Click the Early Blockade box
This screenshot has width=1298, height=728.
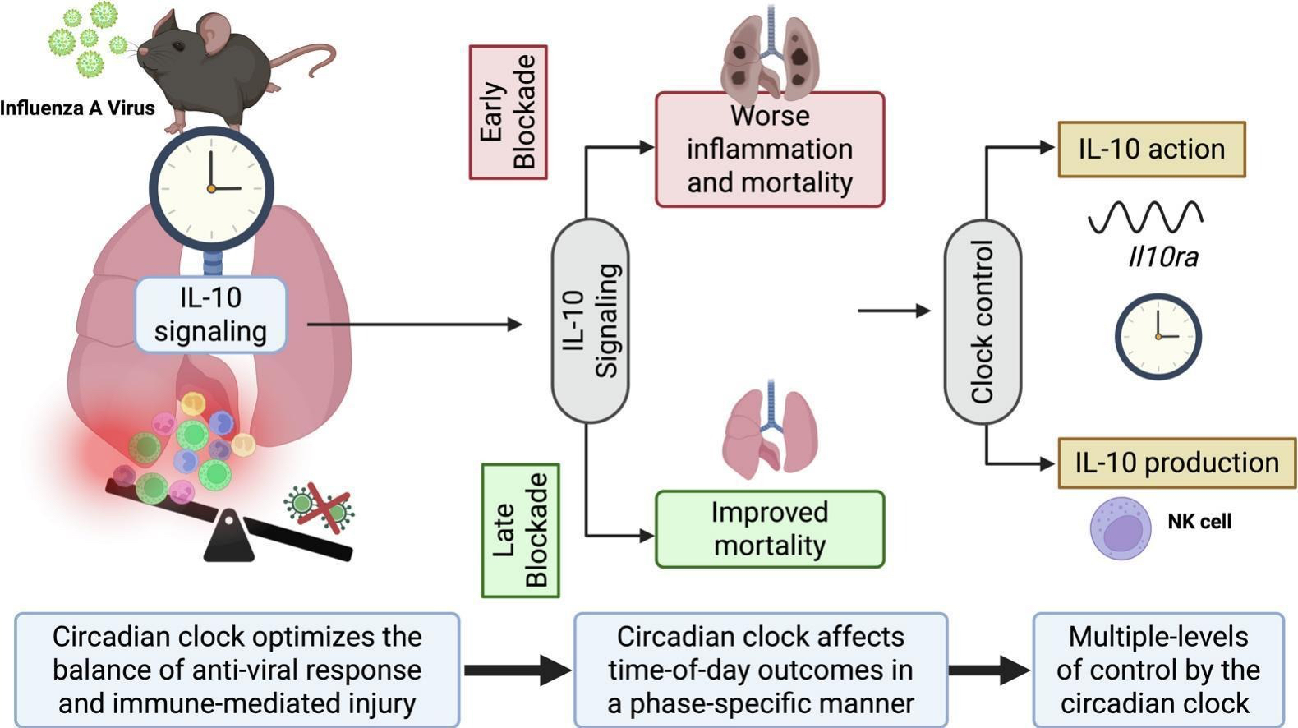tap(508, 112)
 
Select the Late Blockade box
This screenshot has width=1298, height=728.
tap(520, 530)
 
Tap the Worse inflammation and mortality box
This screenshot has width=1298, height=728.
tap(770, 150)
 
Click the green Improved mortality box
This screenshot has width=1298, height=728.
tap(770, 529)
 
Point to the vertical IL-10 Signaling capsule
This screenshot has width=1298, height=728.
tap(590, 320)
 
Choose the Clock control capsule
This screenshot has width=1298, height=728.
tap(983, 321)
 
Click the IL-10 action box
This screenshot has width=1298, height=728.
tap(1151, 150)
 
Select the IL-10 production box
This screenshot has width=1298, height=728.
tap(1176, 463)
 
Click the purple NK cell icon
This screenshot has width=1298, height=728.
tap(1120, 528)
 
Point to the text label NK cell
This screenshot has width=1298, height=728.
tap(1199, 521)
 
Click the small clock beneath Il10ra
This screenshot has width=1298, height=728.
tap(1158, 336)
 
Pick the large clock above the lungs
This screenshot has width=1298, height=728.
tap(211, 188)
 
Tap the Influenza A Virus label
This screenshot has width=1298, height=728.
tap(77, 108)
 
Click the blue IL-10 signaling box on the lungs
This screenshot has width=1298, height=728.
tap(210, 315)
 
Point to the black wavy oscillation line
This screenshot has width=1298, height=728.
tap(1145, 217)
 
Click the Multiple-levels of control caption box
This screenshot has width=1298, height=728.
tap(1158, 670)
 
